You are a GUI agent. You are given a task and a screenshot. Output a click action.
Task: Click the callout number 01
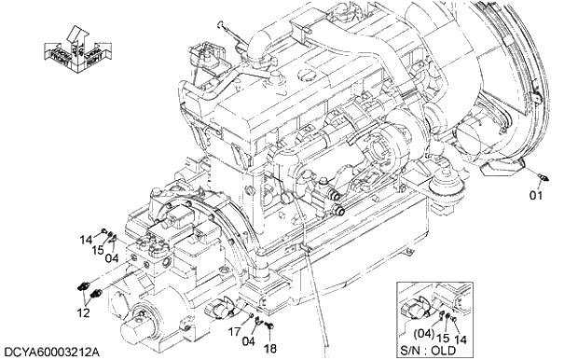536,196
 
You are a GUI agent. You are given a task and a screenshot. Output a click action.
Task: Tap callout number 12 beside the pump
83,312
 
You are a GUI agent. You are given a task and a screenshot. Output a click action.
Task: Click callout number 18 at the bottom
269,348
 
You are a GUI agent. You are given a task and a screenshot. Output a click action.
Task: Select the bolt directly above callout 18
268,325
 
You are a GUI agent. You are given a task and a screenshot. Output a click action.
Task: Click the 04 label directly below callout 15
110,257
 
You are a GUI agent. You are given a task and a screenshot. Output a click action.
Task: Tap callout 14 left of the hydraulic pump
85,240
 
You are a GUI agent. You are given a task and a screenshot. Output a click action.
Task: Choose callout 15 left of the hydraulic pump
97,249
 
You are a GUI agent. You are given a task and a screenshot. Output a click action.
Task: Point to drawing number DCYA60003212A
52,353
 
